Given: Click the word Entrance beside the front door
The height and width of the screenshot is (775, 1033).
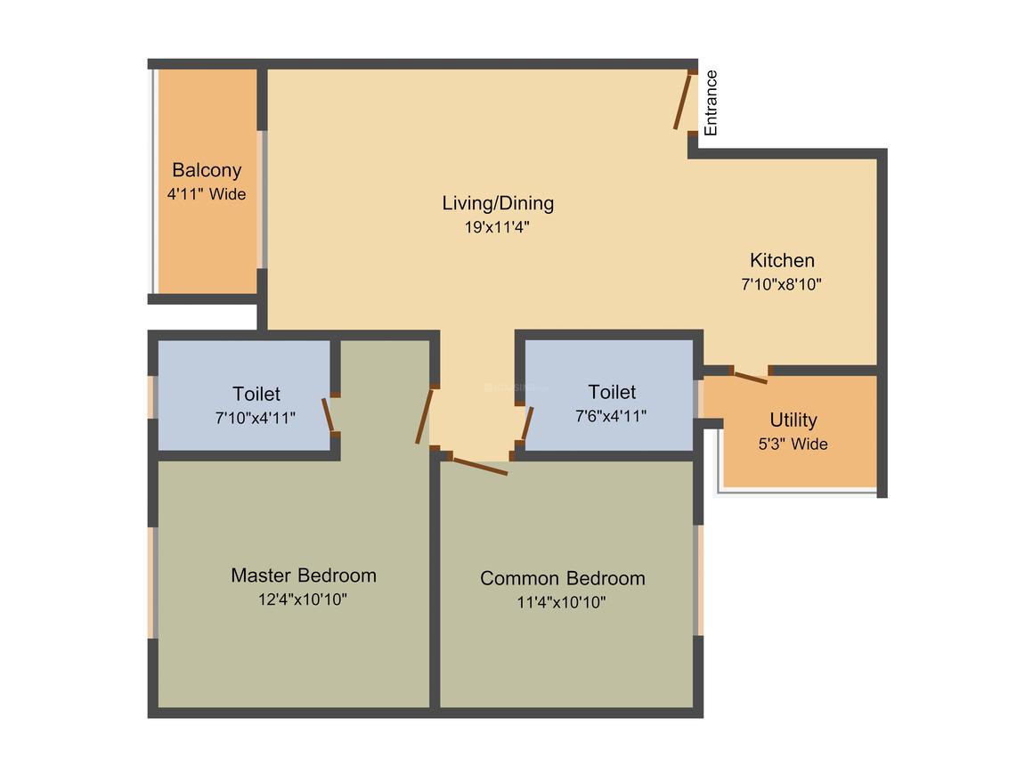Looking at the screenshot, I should pyautogui.click(x=711, y=103).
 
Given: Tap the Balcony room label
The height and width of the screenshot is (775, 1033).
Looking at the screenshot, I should pyautogui.click(x=207, y=170).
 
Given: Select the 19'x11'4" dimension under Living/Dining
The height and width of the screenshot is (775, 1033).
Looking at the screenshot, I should pyautogui.click(x=498, y=226).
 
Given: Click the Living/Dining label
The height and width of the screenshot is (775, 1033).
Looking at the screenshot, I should pyautogui.click(x=498, y=203).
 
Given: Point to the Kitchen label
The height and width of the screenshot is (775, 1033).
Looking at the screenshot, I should pyautogui.click(x=782, y=260).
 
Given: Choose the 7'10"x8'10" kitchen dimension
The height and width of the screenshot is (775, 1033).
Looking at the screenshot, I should pyautogui.click(x=781, y=285).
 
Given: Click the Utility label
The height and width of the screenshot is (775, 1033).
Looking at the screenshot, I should pyautogui.click(x=793, y=420).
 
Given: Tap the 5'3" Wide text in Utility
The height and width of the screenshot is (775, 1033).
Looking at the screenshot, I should pyautogui.click(x=793, y=444).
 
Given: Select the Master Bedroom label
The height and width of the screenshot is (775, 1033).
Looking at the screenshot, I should pyautogui.click(x=303, y=575).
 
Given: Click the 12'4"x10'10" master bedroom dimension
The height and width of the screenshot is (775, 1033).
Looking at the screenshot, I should pyautogui.click(x=303, y=600).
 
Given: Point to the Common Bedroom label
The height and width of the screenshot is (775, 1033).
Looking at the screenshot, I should pyautogui.click(x=562, y=578).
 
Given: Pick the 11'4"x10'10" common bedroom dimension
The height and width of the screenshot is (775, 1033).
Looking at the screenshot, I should pyautogui.click(x=561, y=602).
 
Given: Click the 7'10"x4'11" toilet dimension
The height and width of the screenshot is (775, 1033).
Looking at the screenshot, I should pyautogui.click(x=256, y=417).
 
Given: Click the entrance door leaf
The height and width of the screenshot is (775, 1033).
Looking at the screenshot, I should pyautogui.click(x=683, y=102).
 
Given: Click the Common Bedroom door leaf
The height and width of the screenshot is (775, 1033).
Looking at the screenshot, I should pyautogui.click(x=478, y=465).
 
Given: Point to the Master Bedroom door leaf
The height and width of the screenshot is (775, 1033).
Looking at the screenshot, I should pyautogui.click(x=425, y=415).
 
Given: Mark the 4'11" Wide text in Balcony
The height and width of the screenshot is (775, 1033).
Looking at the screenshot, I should pyautogui.click(x=207, y=193).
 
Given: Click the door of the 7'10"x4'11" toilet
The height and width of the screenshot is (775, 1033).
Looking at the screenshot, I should pyautogui.click(x=328, y=415).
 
